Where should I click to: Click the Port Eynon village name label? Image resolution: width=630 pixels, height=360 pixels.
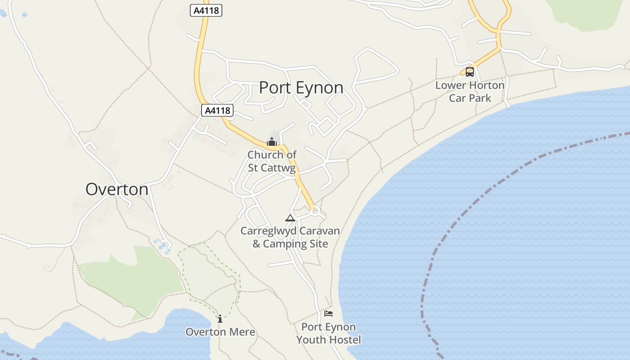pyautogui.click(x=301, y=87)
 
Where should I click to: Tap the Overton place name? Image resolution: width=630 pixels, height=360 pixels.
pyautogui.click(x=117, y=189)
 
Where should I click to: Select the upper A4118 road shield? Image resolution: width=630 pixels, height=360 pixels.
pyautogui.click(x=207, y=10)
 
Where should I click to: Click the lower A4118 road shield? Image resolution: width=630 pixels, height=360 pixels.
pyautogui.click(x=217, y=110)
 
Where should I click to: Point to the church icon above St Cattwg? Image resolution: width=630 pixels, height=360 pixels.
pyautogui.click(x=271, y=142)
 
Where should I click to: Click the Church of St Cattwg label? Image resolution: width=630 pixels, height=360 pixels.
pyautogui.click(x=272, y=161)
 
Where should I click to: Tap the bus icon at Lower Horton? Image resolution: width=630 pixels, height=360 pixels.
pyautogui.click(x=469, y=72)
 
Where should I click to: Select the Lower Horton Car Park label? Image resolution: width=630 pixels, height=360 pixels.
pyautogui.click(x=470, y=91)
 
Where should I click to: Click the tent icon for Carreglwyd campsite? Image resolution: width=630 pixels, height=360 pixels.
pyautogui.click(x=290, y=218)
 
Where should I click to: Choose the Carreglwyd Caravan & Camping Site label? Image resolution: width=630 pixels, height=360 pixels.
pyautogui.click(x=290, y=237)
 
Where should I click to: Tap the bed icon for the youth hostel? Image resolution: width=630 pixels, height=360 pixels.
pyautogui.click(x=328, y=313)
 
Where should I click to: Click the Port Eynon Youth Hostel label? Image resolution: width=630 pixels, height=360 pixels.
pyautogui.click(x=328, y=333)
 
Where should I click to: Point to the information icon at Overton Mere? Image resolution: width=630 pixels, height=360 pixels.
pyautogui.click(x=220, y=319)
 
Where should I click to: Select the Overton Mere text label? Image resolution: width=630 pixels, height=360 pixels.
pyautogui.click(x=220, y=332)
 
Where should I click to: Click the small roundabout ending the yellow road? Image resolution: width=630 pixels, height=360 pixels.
pyautogui.click(x=315, y=210)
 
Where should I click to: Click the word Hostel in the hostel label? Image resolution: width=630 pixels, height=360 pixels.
pyautogui.click(x=345, y=340)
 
